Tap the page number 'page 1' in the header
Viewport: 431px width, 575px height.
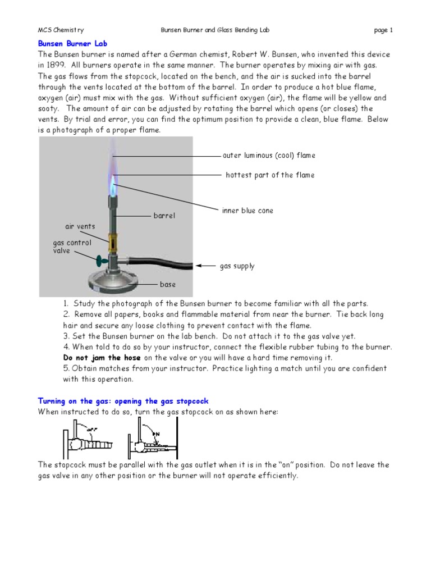pos(383,30)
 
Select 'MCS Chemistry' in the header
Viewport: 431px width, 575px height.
pos(61,30)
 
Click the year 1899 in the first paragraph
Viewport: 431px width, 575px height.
pos(57,65)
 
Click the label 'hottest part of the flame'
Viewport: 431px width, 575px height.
pos(270,175)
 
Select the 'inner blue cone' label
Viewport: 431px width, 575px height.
pos(247,211)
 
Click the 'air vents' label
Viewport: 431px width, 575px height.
pos(80,226)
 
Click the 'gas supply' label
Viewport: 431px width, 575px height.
pos(237,266)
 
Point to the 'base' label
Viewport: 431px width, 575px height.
pos(168,285)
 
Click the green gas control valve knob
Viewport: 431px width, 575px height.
pos(102,260)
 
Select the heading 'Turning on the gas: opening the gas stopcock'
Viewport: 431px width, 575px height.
pos(123,401)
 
